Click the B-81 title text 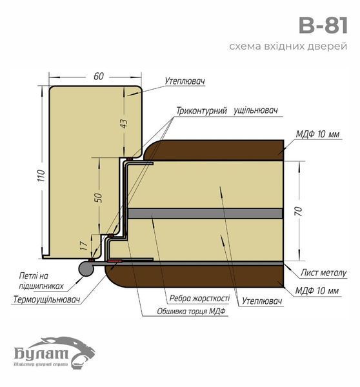(x=323, y=25)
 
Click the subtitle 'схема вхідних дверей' (x=288, y=46)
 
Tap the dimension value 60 (x=99, y=76)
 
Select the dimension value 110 (x=42, y=175)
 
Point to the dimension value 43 (x=124, y=123)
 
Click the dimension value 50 (x=98, y=197)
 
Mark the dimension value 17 (x=85, y=246)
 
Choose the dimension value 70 (x=299, y=212)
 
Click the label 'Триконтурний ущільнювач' (x=227, y=110)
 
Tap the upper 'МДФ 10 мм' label (x=317, y=134)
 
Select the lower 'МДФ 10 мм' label (x=317, y=291)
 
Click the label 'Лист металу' (x=323, y=273)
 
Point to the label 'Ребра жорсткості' (x=199, y=298)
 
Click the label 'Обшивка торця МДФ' (x=192, y=312)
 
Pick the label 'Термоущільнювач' (x=46, y=299)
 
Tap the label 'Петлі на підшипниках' (x=41, y=281)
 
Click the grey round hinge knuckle (x=86, y=268)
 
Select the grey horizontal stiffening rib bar (x=205, y=213)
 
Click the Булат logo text (x=41, y=353)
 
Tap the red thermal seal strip (x=114, y=261)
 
